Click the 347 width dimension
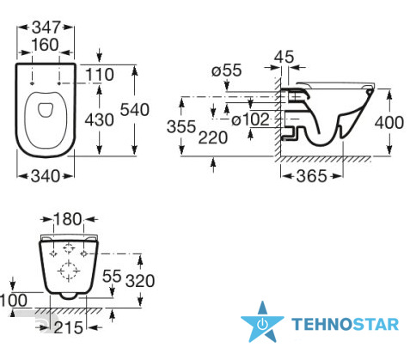pyautogui.click(x=46, y=27)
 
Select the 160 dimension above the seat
pyautogui.click(x=45, y=45)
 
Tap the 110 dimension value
pyautogui.click(x=100, y=75)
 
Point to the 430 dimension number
pyautogui.click(x=100, y=119)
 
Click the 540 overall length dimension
pyautogui.click(x=135, y=110)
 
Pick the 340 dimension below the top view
pyautogui.click(x=46, y=176)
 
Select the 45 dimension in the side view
pyautogui.click(x=284, y=57)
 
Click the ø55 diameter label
pyautogui.click(x=226, y=70)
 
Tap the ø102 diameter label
pyautogui.click(x=250, y=119)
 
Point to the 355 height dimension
pyautogui.click(x=181, y=126)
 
